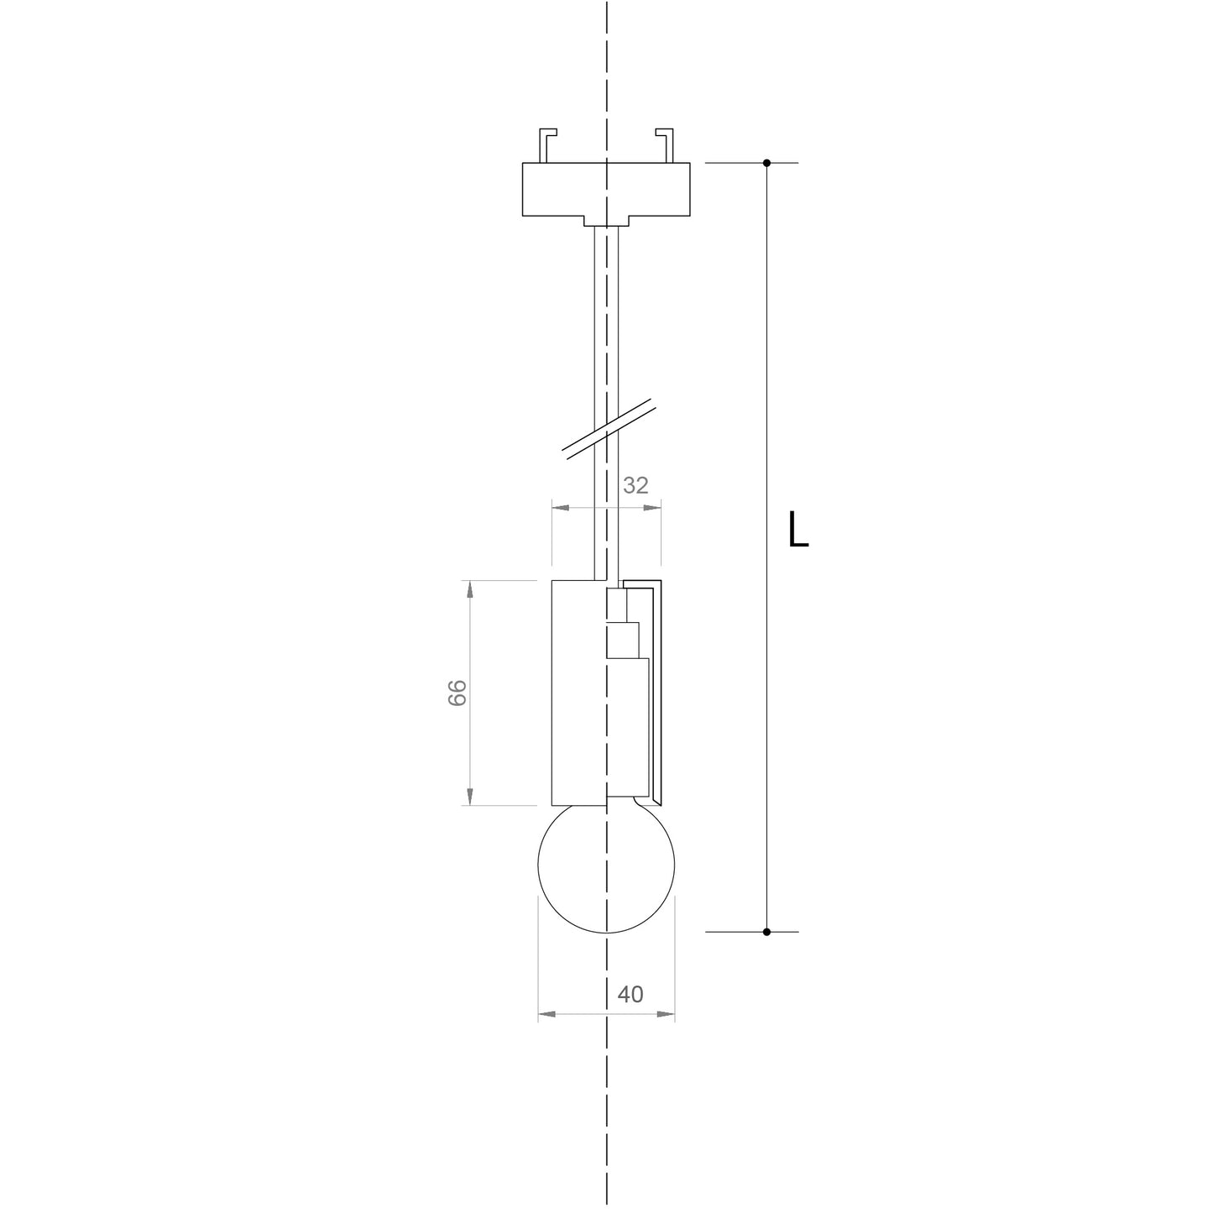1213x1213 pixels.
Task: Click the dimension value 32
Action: tap(635, 485)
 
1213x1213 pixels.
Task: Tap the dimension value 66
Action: tap(457, 693)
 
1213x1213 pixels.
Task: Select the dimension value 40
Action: tap(630, 994)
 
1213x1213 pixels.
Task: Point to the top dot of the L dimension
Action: tap(766, 163)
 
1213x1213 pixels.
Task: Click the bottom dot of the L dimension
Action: tap(766, 932)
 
